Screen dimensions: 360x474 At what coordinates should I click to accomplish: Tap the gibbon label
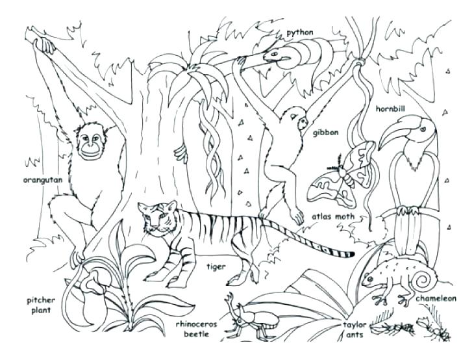pos(326,133)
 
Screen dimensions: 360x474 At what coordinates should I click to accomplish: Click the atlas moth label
pos(332,217)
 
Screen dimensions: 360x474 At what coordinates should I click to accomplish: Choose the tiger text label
pos(216,266)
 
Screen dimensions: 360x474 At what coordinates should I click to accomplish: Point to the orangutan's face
pos(92,144)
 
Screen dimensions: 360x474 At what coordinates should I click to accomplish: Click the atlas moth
pos(341,175)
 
